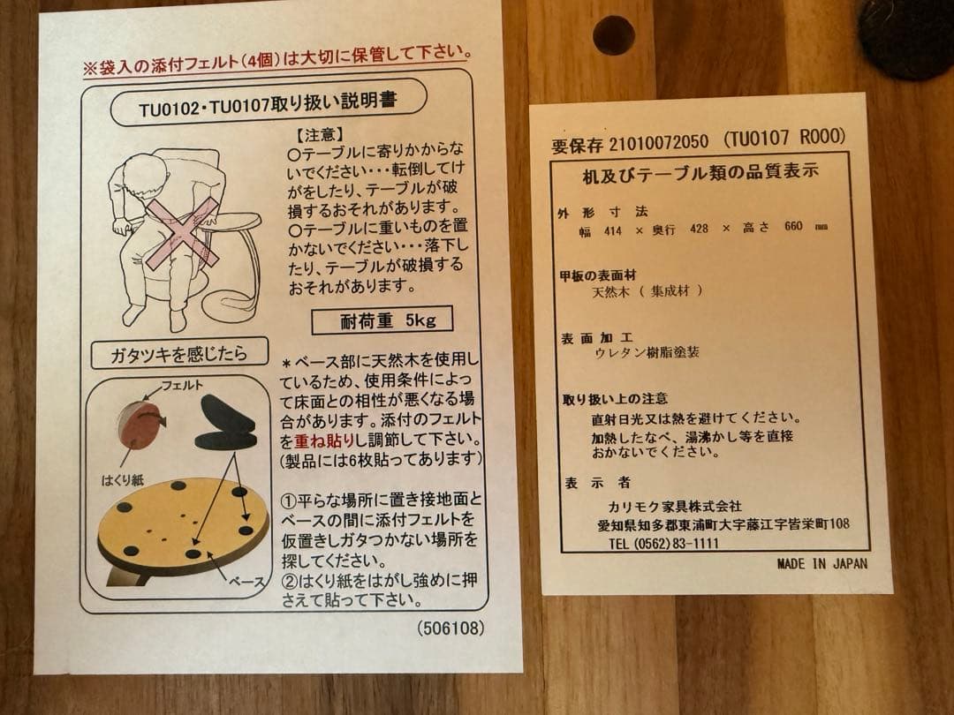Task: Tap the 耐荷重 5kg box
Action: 382,320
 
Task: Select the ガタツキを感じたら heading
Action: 169,355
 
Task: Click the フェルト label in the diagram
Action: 178,386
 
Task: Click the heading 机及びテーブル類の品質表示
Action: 700,172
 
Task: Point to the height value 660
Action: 793,227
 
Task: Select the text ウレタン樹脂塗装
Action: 648,351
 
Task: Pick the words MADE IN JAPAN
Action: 822,563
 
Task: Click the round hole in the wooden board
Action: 613,34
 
